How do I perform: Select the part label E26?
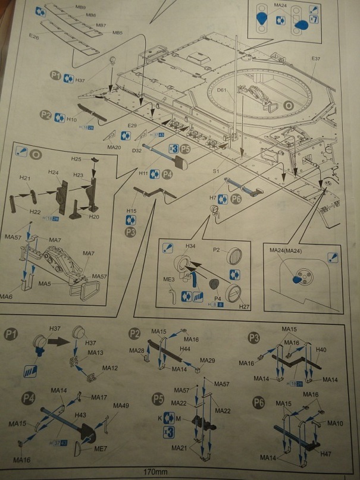coord(34,37)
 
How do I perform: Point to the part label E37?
coord(315,59)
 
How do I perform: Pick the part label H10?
coord(71,120)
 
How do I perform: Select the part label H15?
coord(132,211)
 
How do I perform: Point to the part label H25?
coord(76,159)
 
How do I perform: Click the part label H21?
coord(25,178)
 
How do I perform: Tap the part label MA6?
coord(7,296)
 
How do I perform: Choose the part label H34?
coord(190,245)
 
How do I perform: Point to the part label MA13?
coord(95,352)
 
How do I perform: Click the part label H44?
coord(184,349)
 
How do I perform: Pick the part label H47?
coord(325,453)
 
